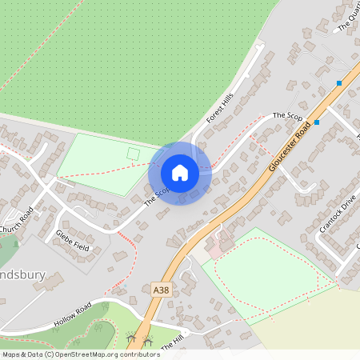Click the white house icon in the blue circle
[x=180, y=173]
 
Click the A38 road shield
[x=161, y=288]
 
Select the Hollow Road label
[x=73, y=313]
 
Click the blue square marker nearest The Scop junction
[x=318, y=122]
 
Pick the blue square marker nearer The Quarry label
[x=340, y=83]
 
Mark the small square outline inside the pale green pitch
[x=133, y=153]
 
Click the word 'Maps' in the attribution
[x=12, y=354]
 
